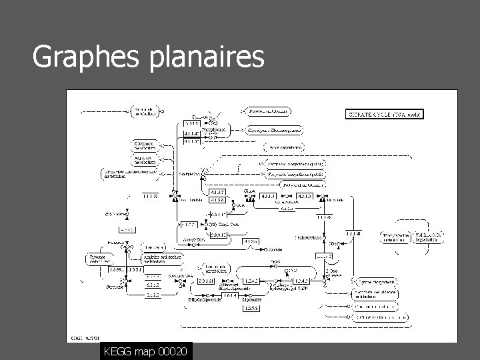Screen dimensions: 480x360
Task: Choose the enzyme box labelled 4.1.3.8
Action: (217, 200)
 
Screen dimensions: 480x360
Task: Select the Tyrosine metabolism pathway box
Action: (101, 259)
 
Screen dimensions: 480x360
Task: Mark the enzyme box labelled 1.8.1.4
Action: (230, 295)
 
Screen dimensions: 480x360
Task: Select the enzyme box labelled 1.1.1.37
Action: (150, 196)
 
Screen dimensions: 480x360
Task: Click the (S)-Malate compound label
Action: (115, 214)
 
